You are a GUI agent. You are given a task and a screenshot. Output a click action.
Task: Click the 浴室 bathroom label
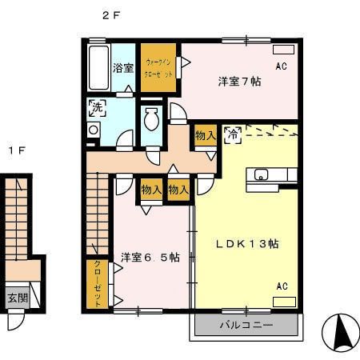pyautogui.click(x=122, y=68)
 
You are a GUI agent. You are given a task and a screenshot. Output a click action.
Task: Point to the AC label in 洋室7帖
pyautogui.click(x=282, y=66)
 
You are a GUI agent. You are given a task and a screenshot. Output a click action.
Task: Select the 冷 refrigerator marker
pyautogui.click(x=232, y=134)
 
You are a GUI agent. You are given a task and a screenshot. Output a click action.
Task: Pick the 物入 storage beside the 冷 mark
pyautogui.click(x=204, y=136)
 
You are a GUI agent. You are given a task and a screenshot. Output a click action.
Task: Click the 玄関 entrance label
pyautogui.click(x=17, y=298)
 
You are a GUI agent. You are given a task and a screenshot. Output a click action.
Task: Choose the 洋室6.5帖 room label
pyautogui.click(x=150, y=257)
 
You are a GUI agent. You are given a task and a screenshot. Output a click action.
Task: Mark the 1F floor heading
pyautogui.click(x=15, y=150)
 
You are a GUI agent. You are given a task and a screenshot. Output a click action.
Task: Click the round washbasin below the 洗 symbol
pyautogui.click(x=94, y=130)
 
